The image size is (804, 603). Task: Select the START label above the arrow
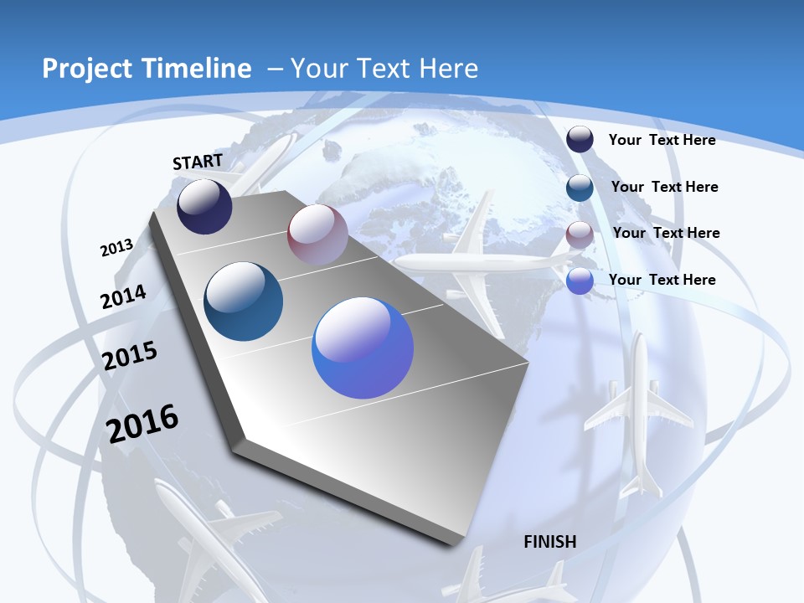(198, 162)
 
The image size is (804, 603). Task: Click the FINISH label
(549, 542)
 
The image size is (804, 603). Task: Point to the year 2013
(116, 248)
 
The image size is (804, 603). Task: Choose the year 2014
(123, 297)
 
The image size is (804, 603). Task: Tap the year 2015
(130, 356)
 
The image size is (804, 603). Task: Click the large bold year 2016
(142, 423)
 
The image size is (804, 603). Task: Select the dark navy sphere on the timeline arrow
(204, 206)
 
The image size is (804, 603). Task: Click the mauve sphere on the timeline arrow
(317, 234)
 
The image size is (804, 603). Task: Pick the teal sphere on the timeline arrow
(243, 301)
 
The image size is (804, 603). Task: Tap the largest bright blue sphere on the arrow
(363, 348)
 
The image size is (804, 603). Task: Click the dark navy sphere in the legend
(580, 140)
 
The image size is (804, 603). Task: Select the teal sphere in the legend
(580, 188)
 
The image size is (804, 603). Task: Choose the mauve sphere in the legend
(580, 234)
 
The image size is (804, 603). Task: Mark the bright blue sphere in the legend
(580, 281)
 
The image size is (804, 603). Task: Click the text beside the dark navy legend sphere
(662, 140)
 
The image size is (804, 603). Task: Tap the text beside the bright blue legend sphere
(662, 280)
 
